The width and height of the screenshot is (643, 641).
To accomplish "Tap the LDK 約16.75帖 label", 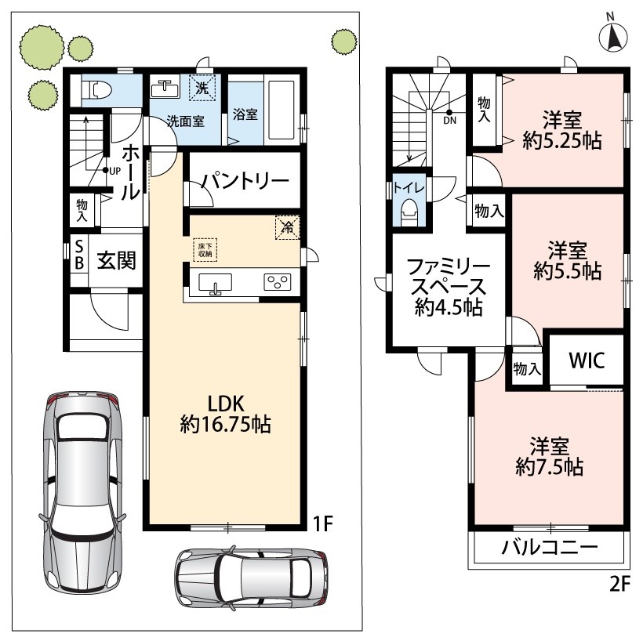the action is [226, 414].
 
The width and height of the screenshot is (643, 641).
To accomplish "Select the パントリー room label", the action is [245, 181].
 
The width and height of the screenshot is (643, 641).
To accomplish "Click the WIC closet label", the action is [587, 360].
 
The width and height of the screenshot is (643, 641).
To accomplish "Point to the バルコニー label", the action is [550, 547].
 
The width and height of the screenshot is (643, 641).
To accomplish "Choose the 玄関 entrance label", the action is [117, 260].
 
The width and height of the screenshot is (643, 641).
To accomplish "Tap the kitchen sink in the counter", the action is [216, 283].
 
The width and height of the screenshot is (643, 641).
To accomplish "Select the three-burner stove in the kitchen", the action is [278, 282].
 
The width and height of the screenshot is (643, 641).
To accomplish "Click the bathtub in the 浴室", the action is [281, 110].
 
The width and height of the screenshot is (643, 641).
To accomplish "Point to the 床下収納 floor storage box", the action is [205, 250].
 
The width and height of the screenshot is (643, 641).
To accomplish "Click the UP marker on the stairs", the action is [112, 171].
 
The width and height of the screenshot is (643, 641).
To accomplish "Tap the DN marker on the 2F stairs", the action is [449, 118].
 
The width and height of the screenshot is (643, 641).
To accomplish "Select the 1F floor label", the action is [323, 523].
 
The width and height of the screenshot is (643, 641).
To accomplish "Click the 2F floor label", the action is [619, 584].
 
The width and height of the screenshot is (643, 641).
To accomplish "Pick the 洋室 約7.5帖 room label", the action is [549, 456].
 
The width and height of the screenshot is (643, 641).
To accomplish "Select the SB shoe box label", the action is [79, 255].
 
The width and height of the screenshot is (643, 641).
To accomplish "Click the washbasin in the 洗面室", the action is [165, 87].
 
